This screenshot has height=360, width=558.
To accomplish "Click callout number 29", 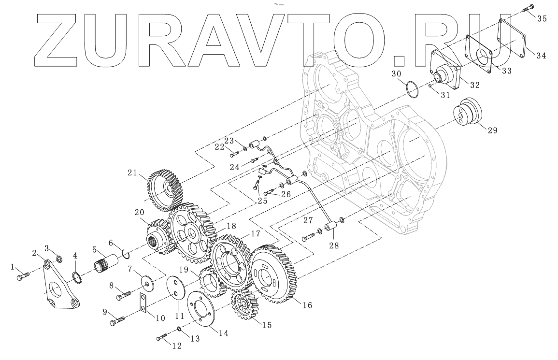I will [492, 130].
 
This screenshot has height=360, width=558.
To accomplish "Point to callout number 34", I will [541, 55].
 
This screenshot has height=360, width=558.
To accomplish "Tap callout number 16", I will [307, 305].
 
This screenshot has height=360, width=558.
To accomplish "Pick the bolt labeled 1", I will [23, 277].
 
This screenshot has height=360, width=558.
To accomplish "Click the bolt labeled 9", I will [117, 319].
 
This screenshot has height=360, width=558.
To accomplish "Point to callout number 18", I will [231, 226].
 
